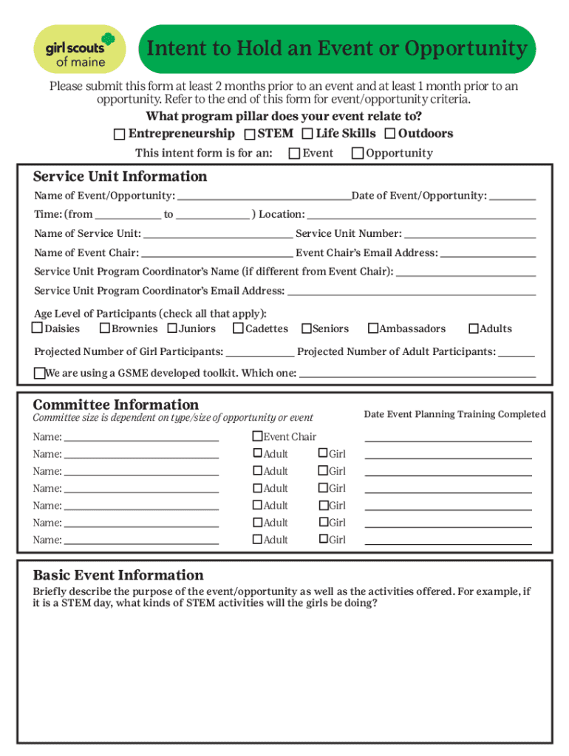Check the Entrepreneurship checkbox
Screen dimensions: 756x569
pyautogui.click(x=119, y=134)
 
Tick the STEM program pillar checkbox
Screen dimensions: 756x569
pyautogui.click(x=250, y=134)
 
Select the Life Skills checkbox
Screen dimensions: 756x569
pyautogui.click(x=307, y=134)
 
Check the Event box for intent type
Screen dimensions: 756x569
pyautogui.click(x=294, y=154)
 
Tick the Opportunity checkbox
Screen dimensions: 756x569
pyautogui.click(x=358, y=154)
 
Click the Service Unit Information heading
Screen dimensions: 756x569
pyautogui.click(x=120, y=176)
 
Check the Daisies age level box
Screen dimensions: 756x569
pyautogui.click(x=37, y=329)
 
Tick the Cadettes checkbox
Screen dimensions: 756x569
pyautogui.click(x=239, y=329)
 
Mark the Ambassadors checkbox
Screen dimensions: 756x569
pyautogui.click(x=373, y=329)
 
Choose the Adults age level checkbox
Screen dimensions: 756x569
pyautogui.click(x=474, y=329)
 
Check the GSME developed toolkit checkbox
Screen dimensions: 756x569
pyautogui.click(x=40, y=373)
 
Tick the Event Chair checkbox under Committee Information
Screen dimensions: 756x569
pyautogui.click(x=258, y=436)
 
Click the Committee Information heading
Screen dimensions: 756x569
pyautogui.click(x=116, y=405)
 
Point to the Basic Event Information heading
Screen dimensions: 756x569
pyautogui.click(x=118, y=575)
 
